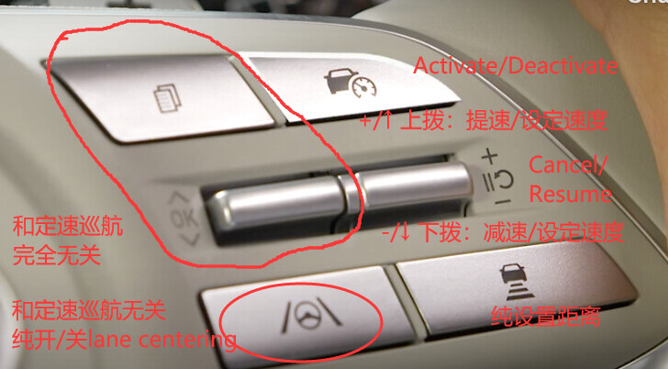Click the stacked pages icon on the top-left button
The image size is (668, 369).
click(x=167, y=98)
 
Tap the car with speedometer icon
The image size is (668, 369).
click(x=351, y=83)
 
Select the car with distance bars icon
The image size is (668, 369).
click(x=516, y=281)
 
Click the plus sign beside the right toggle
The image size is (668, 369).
click(x=490, y=157)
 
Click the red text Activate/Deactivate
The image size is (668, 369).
click(x=516, y=66)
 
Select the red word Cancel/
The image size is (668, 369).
click(x=566, y=165)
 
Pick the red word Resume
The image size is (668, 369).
click(x=571, y=195)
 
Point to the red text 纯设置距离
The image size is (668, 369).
click(x=546, y=317)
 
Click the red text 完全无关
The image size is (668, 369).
click(x=57, y=255)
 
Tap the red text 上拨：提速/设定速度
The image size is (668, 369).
click(x=504, y=120)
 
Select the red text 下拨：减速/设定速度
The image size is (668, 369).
click(x=520, y=232)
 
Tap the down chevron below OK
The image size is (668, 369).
click(x=190, y=240)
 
